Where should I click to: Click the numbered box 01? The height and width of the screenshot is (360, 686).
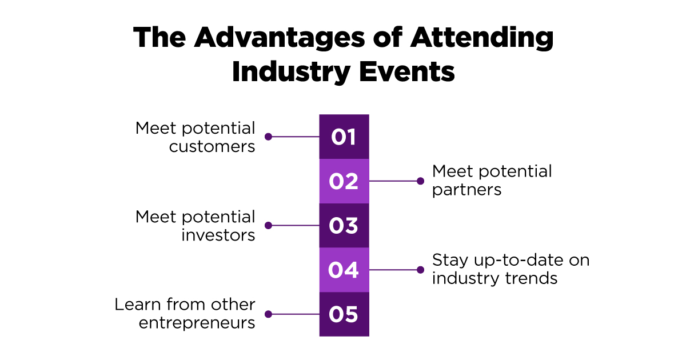pyautogui.click(x=344, y=137)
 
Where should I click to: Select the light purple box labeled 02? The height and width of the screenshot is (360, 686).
pyautogui.click(x=344, y=181)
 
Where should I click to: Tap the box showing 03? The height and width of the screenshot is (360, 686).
pyautogui.click(x=344, y=225)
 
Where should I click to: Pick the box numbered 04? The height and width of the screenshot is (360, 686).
pyautogui.click(x=344, y=270)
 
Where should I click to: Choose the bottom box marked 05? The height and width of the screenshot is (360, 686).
pyautogui.click(x=344, y=314)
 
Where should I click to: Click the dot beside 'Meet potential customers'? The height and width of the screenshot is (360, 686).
pyautogui.click(x=268, y=137)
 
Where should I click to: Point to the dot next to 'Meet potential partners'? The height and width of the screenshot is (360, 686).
pyautogui.click(x=421, y=181)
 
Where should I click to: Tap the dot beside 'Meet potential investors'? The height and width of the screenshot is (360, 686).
pyautogui.click(x=268, y=225)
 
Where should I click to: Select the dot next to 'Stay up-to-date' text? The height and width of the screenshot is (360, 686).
pyautogui.click(x=421, y=270)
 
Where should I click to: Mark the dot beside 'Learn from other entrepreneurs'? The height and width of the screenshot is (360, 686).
pyautogui.click(x=268, y=314)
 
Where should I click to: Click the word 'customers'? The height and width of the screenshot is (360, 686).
pyautogui.click(x=212, y=147)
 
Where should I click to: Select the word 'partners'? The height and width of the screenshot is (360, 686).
pyautogui.click(x=466, y=190)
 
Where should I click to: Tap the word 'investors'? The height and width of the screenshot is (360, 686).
pyautogui.click(x=218, y=235)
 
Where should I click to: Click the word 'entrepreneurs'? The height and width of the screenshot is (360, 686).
pyautogui.click(x=197, y=323)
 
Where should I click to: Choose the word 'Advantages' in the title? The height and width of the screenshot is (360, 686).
pyautogui.click(x=280, y=38)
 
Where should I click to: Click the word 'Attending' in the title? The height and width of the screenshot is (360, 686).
pyautogui.click(x=482, y=38)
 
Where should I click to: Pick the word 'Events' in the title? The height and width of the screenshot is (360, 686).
pyautogui.click(x=406, y=72)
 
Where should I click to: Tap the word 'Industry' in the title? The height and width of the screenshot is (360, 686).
pyautogui.click(x=291, y=73)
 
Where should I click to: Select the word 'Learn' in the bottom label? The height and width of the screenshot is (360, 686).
pyautogui.click(x=138, y=305)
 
